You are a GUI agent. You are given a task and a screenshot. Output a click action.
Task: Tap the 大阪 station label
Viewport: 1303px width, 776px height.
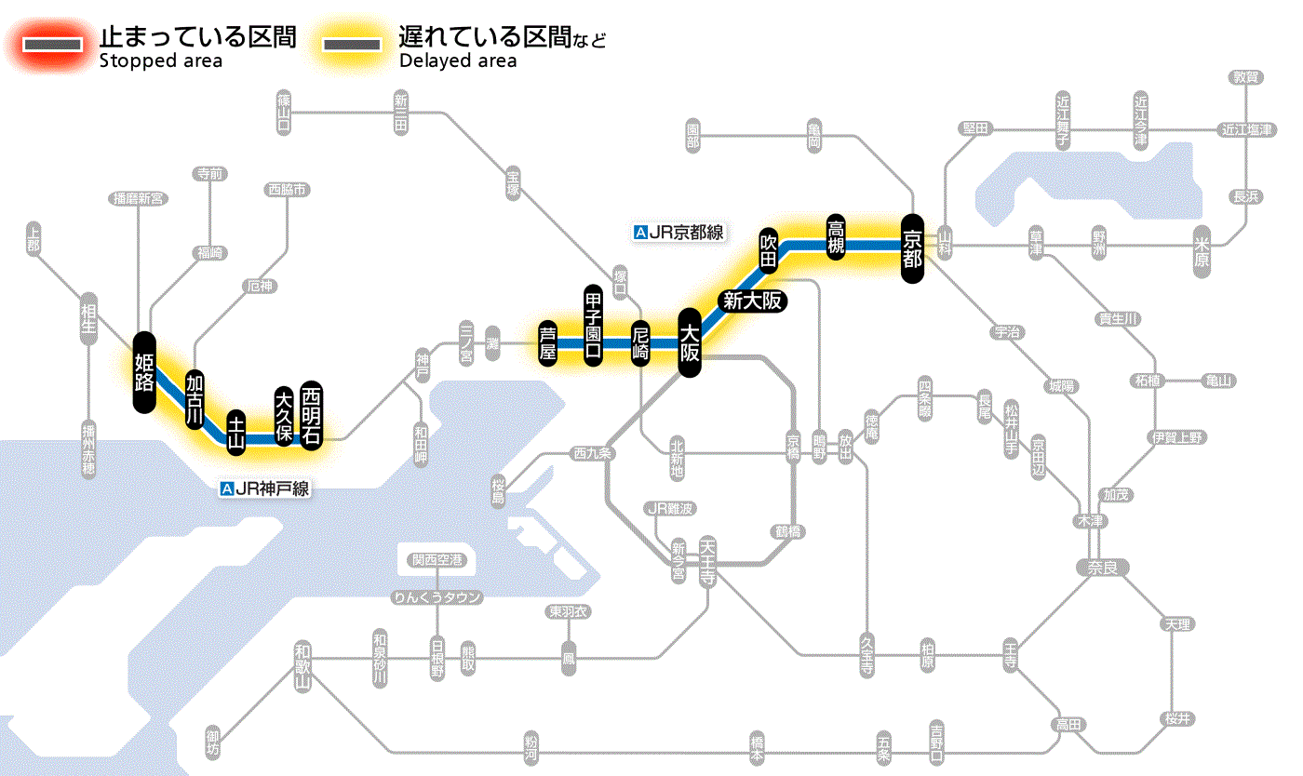[x=690, y=343]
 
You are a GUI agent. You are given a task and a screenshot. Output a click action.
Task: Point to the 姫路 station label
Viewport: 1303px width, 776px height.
[x=144, y=372]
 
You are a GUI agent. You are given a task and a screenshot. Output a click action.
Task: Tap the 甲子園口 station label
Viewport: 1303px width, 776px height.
[x=593, y=325]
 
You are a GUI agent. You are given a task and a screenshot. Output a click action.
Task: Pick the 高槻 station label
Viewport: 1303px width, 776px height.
[x=836, y=239]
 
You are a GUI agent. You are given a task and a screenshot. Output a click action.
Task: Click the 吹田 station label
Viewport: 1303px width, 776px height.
[x=769, y=249]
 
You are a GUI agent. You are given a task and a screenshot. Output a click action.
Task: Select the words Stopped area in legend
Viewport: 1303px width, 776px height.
[x=160, y=61]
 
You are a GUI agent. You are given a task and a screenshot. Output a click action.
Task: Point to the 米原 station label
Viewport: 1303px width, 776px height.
[x=1204, y=251]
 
